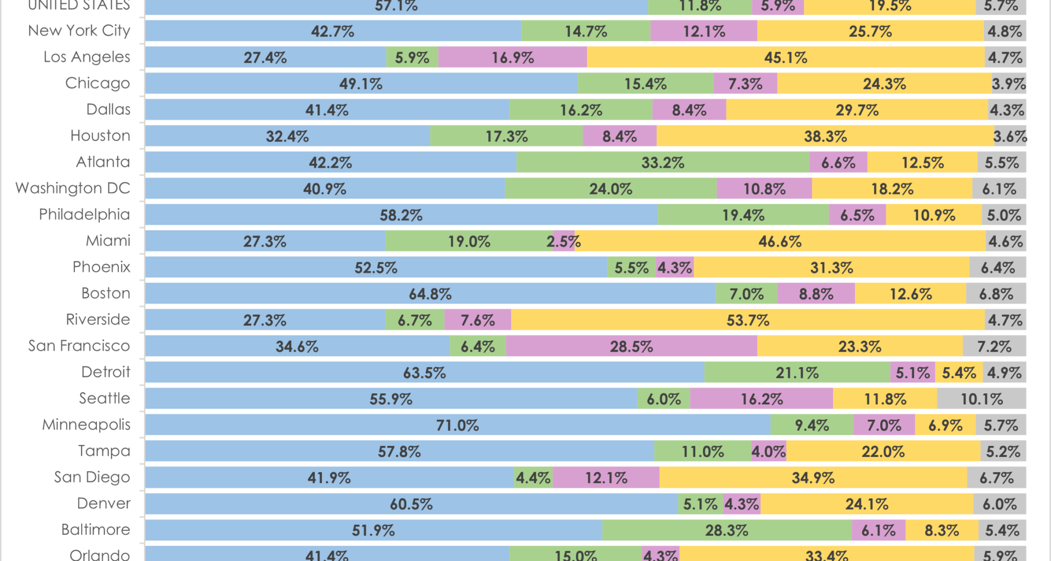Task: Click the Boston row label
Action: pos(106,293)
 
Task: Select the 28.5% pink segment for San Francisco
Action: pos(631,346)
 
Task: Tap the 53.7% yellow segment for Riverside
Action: pos(748,320)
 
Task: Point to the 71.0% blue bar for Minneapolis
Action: pos(458,425)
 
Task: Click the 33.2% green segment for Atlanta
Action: pos(662,163)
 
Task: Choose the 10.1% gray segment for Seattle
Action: pos(981,399)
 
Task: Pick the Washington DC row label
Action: pos(73,188)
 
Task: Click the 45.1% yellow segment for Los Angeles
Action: pos(786,58)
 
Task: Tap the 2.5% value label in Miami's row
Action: pos(563,242)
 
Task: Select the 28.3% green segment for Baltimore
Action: pos(726,530)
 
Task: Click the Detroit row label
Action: pos(106,372)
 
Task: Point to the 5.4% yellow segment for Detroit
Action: pos(958,373)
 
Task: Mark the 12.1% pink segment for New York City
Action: pos(703,31)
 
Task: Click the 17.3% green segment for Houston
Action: pos(506,136)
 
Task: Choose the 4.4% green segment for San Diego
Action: pos(533,478)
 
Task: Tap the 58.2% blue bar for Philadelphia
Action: pos(401,215)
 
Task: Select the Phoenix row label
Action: pos(101,267)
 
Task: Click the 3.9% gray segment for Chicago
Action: pos(1008,84)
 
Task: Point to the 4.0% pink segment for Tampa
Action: pos(769,451)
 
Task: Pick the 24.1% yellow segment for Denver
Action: pos(867,504)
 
